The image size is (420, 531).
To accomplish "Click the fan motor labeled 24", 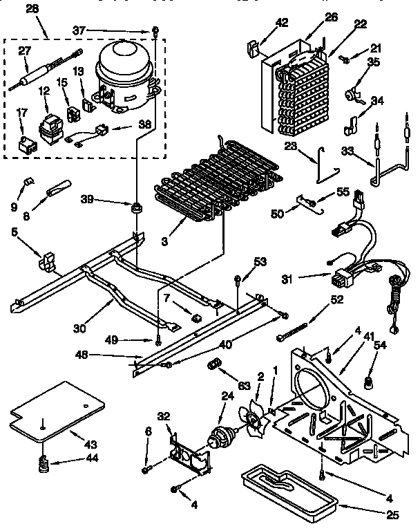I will click(222, 438).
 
